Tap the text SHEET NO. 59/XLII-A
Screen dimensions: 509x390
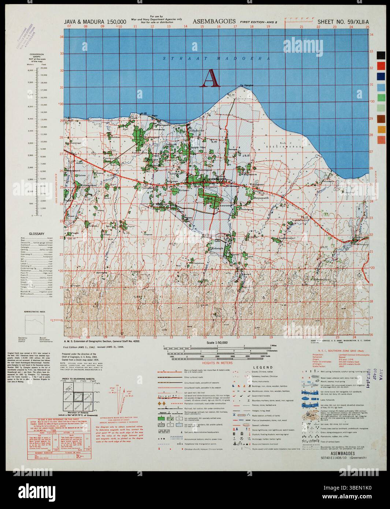pos(343,22)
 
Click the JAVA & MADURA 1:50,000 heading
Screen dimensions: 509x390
pos(95,22)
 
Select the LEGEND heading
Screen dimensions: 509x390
pos(264,367)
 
